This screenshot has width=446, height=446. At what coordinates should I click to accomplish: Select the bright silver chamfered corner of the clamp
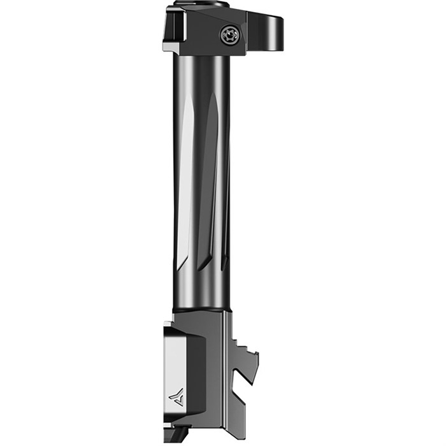click(171, 47)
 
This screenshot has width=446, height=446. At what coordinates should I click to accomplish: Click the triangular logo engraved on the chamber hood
click(176, 398)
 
